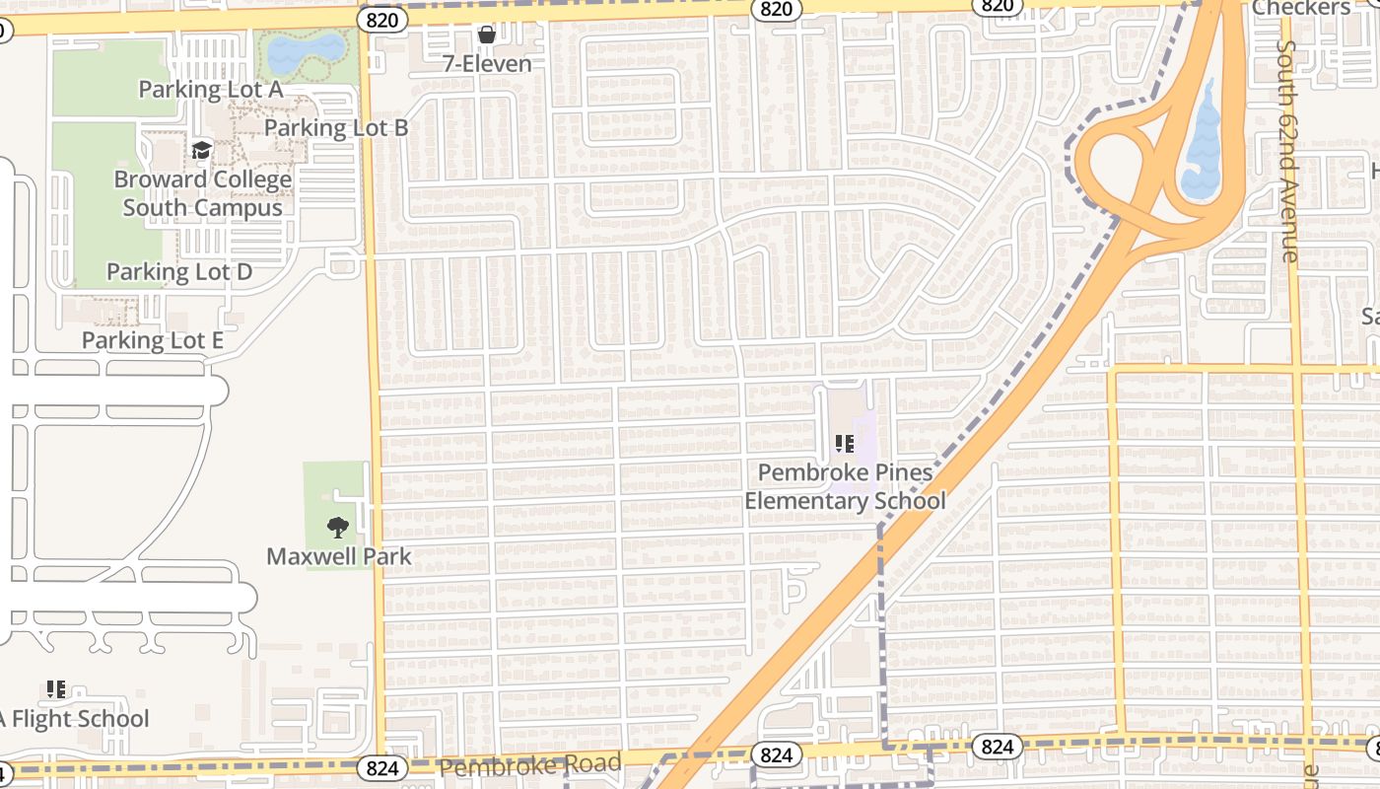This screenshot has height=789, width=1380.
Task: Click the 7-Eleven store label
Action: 487,64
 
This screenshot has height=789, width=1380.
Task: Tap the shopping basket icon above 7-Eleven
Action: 486,36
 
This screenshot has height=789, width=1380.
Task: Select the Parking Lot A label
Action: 210,89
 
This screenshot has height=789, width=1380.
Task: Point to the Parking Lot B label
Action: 336,127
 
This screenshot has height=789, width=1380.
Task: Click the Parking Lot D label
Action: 179,271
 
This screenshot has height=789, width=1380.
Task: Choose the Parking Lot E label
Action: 153,340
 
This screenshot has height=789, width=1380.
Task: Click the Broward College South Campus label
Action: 203,193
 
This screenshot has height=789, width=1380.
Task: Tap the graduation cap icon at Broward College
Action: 202,150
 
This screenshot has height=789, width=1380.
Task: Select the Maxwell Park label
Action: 339,556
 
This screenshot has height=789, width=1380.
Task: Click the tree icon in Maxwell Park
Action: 338,527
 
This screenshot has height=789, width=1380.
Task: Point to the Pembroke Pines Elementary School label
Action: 845,486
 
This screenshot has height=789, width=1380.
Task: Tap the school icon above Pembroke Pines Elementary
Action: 845,444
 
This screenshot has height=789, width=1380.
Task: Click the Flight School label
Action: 75,719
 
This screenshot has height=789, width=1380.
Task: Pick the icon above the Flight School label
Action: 56,689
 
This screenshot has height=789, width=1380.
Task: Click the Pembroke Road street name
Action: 530,764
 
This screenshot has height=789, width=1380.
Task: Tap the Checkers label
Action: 1301,8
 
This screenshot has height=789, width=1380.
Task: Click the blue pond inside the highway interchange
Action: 1201,148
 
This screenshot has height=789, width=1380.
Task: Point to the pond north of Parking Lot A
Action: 307,49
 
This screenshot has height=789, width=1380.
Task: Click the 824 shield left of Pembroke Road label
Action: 381,767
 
